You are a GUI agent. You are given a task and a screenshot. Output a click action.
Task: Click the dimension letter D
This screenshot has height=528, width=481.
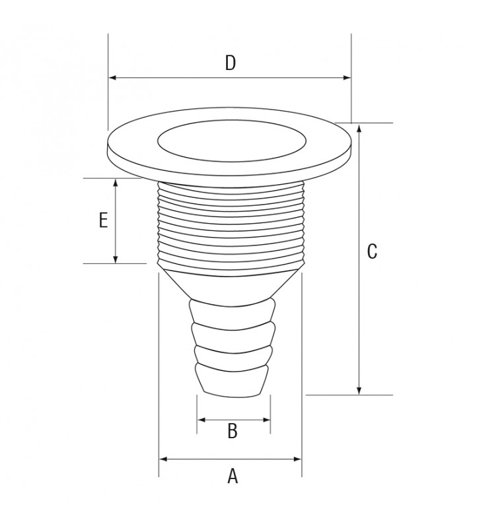point(231,63)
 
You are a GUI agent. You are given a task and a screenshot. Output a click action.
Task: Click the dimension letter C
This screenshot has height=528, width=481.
point(372,251)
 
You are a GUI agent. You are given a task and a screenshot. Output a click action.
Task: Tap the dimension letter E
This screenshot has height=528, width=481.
point(103,220)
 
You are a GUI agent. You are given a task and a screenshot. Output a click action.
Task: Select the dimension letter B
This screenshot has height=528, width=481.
point(233,431)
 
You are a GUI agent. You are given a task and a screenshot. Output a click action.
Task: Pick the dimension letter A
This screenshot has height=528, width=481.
point(233,476)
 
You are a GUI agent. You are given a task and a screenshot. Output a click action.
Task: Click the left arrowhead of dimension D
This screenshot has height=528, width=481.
point(113,78)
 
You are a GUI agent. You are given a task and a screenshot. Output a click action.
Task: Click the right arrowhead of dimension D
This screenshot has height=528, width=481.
point(346,78)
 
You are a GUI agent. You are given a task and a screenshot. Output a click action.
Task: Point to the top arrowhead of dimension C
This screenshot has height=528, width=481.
point(359,128)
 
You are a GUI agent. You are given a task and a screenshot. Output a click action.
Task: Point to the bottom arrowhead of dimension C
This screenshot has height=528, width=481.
point(359,390)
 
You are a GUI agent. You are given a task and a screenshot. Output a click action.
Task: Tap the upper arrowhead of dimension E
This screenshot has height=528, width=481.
point(116,183)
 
